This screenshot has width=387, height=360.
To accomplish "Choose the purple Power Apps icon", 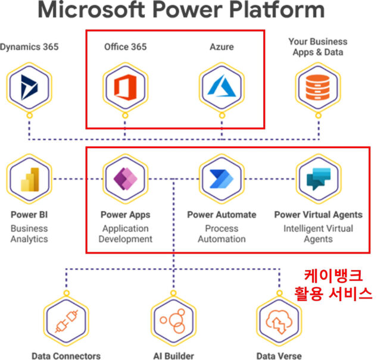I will pyautogui.click(x=124, y=179).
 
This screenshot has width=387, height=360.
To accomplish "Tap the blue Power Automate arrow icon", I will pyautogui.click(x=221, y=179).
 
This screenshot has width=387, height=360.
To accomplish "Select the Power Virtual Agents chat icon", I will pyautogui.click(x=318, y=179).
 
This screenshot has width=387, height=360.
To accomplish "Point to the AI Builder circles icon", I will pyautogui.click(x=173, y=321).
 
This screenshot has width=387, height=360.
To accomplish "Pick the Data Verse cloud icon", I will pyautogui.click(x=278, y=321).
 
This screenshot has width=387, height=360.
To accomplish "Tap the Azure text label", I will pyautogui.click(x=221, y=46).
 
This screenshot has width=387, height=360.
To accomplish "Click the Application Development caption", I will pyautogui.click(x=125, y=234).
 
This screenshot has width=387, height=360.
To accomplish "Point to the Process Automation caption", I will pyautogui.click(x=221, y=234).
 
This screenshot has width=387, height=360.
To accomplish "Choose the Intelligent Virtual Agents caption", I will pyautogui.click(x=318, y=234).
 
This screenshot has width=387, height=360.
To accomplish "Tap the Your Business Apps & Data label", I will pyautogui.click(x=318, y=47).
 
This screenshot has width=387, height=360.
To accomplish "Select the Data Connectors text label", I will pyautogui.click(x=65, y=356).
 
